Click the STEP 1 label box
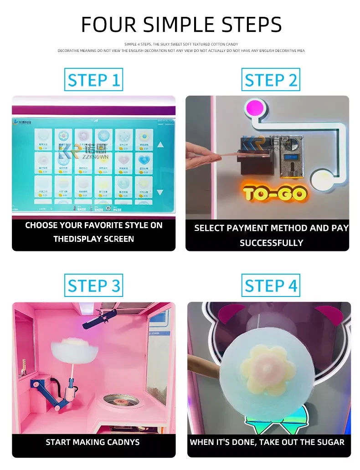pos(93,81)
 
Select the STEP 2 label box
pos(271,81)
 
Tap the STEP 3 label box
pos(93,286)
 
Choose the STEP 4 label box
pos(271,286)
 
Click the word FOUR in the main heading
pos(109,24)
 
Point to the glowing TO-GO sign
pos(275,194)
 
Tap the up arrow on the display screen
pos(160,145)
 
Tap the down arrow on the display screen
pos(160,192)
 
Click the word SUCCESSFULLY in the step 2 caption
pos(271,243)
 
